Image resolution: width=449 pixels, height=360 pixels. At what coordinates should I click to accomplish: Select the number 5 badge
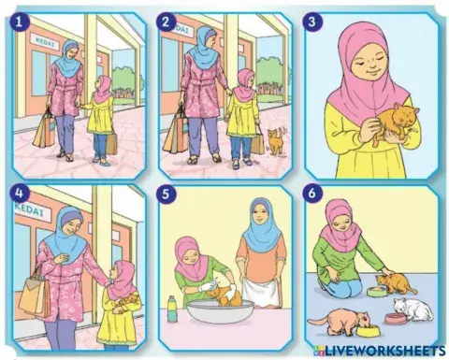click(x=167, y=197)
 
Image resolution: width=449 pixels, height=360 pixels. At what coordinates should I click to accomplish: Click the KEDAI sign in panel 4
click(x=28, y=211)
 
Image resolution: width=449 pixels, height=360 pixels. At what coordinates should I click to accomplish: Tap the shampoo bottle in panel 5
click(x=171, y=308)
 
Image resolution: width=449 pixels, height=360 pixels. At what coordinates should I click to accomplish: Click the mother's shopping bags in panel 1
click(x=42, y=128)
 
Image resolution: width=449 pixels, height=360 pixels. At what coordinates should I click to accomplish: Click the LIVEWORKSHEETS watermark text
click(x=384, y=348)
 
